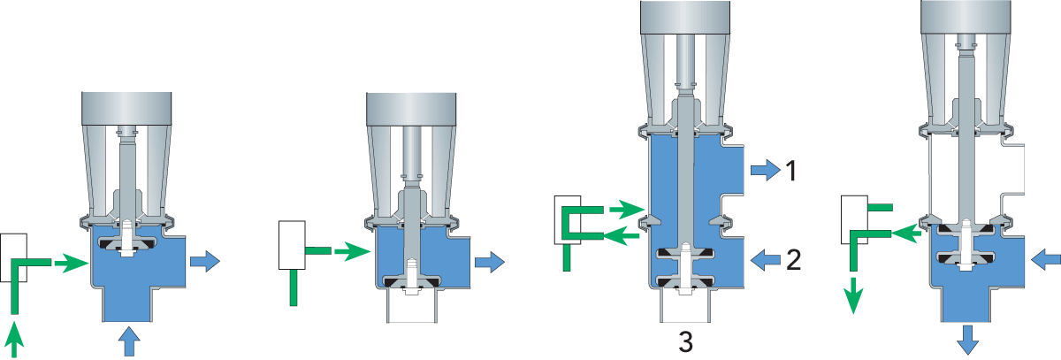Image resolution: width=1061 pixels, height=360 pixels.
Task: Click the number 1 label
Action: (x=791, y=170)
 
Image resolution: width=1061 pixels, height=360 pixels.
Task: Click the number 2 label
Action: (x=793, y=259)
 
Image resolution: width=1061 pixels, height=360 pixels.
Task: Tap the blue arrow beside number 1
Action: (x=762, y=170)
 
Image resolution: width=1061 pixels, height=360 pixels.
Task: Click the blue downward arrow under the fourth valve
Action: (x=967, y=338)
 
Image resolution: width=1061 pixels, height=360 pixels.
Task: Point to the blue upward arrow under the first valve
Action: (x=129, y=340)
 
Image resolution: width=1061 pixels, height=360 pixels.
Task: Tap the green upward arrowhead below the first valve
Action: (x=14, y=337)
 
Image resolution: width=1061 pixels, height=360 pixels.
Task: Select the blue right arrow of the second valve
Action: (x=490, y=262)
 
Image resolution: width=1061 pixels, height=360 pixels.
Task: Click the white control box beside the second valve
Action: (x=292, y=245)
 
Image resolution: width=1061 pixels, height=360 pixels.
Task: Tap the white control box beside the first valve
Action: (x=14, y=257)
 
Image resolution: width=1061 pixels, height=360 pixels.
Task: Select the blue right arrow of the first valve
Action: (x=204, y=261)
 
